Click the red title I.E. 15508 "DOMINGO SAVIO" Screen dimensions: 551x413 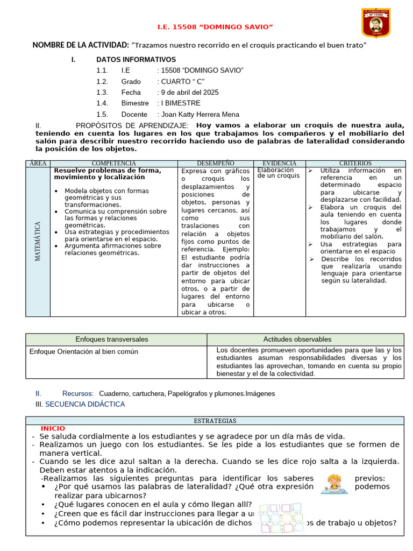tap(215, 27)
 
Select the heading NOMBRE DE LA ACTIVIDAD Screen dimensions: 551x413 tap(81, 45)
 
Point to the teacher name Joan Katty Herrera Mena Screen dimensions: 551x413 tap(198, 114)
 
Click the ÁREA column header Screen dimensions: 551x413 tap(38, 163)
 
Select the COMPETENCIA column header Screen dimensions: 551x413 tap(114, 163)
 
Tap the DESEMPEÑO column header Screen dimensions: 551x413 tap(216, 163)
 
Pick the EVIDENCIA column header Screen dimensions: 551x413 tap(279, 163)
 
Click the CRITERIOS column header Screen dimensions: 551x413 tap(355, 163)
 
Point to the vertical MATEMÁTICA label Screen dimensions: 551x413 tap(38, 242)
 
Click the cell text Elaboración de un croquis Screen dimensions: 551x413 tap(279, 173)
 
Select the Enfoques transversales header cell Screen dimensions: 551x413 tap(112, 339)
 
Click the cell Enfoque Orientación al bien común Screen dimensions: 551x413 tap(84, 351)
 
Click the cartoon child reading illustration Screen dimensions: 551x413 tap(333, 484)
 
